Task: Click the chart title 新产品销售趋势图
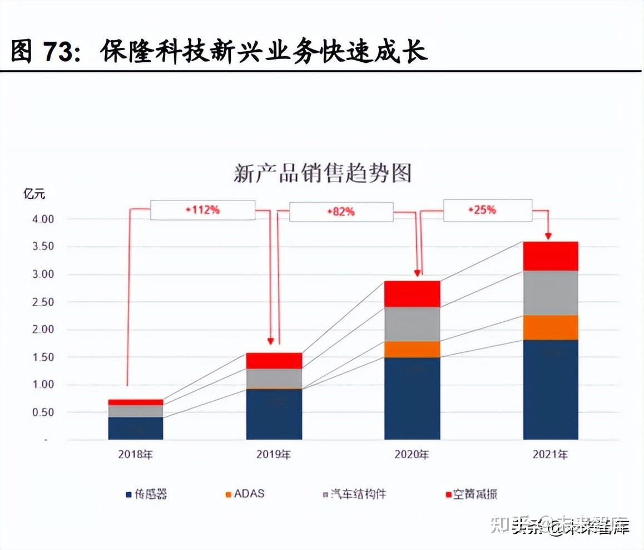pyautogui.click(x=322, y=173)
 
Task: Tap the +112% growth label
pyautogui.click(x=202, y=210)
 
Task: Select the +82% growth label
pyautogui.click(x=341, y=212)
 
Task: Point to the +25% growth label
pyautogui.click(x=482, y=210)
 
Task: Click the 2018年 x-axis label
pyautogui.click(x=135, y=454)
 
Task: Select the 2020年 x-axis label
pyautogui.click(x=412, y=454)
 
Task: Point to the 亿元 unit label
pyautogui.click(x=34, y=194)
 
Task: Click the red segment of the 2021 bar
pyautogui.click(x=551, y=256)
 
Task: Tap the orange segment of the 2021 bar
pyautogui.click(x=551, y=327)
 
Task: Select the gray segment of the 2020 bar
pyautogui.click(x=412, y=324)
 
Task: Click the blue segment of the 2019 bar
pyautogui.click(x=274, y=414)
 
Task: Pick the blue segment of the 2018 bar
pyautogui.click(x=136, y=428)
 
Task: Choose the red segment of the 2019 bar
pyautogui.click(x=274, y=360)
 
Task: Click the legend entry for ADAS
pyautogui.click(x=245, y=494)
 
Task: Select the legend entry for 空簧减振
pyautogui.click(x=469, y=494)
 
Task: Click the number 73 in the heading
pyautogui.click(x=57, y=52)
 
